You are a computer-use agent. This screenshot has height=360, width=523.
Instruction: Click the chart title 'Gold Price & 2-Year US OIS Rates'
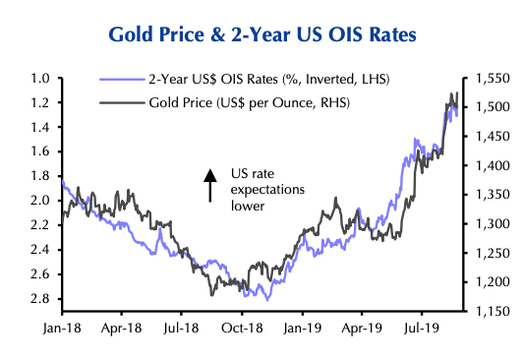pos(261,34)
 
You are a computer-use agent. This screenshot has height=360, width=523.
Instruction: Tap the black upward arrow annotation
pos(208,184)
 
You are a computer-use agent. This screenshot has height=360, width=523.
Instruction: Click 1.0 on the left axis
pos(39,78)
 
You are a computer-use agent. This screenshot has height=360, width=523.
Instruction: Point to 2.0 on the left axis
pos(39,201)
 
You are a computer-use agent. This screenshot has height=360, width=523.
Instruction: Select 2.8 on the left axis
pos(39,299)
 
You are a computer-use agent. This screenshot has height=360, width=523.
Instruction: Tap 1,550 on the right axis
pos(488,78)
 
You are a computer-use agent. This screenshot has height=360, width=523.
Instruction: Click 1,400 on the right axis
pos(488,165)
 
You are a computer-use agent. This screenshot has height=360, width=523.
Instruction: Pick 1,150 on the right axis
pos(488,312)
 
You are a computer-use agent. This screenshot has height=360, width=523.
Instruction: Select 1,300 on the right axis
pos(488,224)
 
